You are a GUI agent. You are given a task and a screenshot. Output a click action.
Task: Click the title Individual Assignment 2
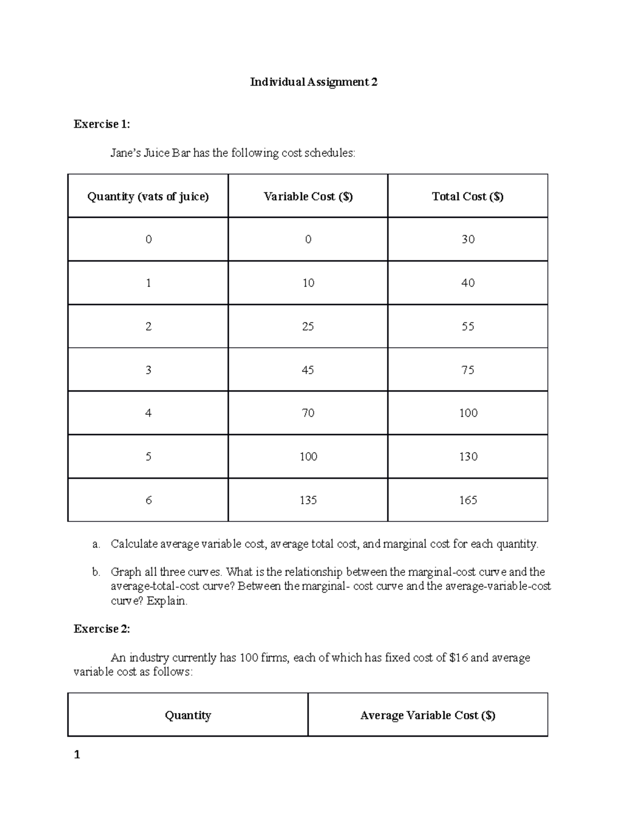pos(313,82)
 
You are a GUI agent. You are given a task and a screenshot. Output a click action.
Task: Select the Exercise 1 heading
pos(102,124)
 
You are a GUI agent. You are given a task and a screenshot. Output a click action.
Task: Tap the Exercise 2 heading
pos(102,629)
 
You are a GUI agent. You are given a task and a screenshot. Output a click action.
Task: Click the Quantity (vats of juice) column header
pos(148,196)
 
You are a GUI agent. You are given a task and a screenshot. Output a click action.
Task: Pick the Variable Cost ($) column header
pos(308,196)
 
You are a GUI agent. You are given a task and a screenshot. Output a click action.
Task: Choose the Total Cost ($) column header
pos(467,196)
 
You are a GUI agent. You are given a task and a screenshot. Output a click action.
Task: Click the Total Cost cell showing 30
pos(467,239)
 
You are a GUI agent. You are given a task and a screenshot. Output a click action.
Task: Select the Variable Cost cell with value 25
pos(308,326)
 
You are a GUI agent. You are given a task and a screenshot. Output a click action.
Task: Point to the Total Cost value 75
pos(467,370)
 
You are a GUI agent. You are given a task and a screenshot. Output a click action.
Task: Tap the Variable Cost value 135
pos(308,500)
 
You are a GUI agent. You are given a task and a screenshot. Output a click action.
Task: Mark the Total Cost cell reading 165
pos(467,500)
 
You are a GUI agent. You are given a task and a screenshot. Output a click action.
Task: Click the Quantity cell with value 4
pos(148,413)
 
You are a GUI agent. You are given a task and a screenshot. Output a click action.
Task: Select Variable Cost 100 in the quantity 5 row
pos(308,456)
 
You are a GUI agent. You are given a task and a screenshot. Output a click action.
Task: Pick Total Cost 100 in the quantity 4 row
pos(468,413)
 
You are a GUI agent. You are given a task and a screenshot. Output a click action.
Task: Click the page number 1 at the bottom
pos(77,754)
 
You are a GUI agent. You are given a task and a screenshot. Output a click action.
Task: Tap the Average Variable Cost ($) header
pos(428,715)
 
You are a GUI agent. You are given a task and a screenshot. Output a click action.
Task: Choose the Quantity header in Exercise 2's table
pos(187,715)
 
